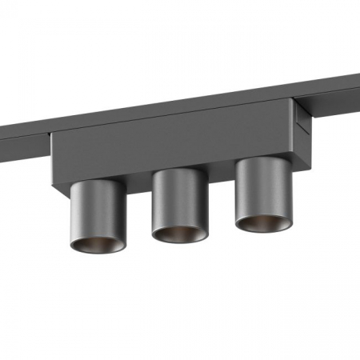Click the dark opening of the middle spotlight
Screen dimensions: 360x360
pos(178,233)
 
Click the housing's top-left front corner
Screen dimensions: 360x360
pos(51,134)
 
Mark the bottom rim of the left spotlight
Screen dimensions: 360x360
pos(97,254)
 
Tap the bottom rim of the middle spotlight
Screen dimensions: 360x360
pos(178,243)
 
